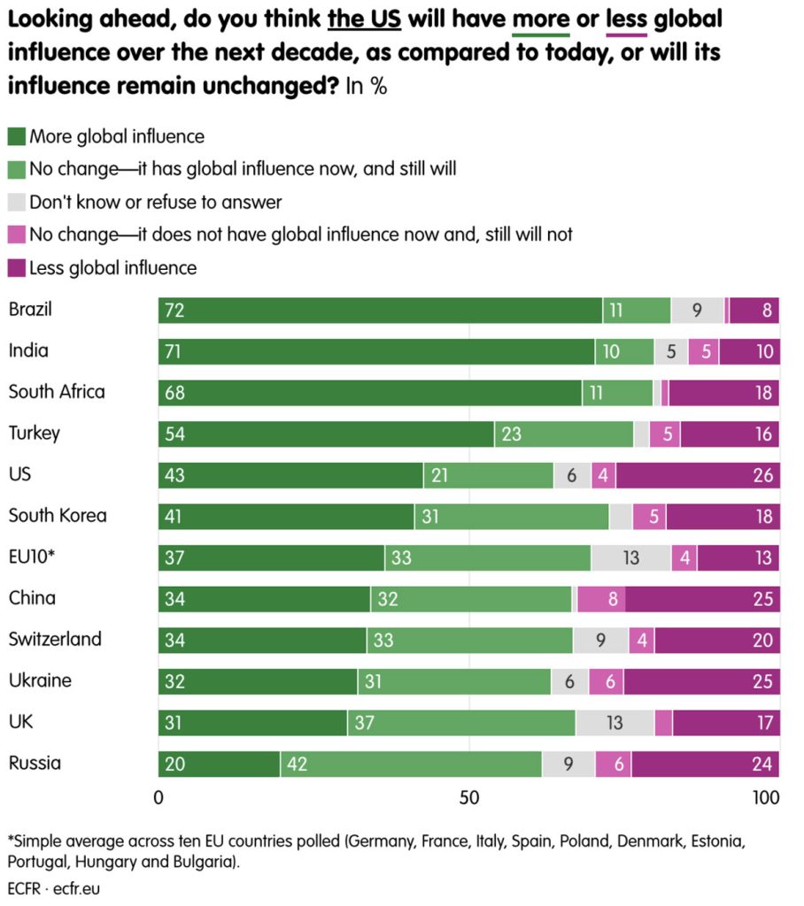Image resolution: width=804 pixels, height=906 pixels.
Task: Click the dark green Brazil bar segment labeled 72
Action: pos(380,310)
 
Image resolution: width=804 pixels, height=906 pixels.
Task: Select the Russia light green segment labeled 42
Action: pos(412,764)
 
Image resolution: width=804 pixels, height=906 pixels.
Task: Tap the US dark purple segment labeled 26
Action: pos(698,475)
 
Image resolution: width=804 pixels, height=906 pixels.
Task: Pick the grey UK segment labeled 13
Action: pos(615,723)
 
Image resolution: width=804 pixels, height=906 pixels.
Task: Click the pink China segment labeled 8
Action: pos(600,599)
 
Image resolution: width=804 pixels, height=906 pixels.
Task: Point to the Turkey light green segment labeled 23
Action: pos(564,434)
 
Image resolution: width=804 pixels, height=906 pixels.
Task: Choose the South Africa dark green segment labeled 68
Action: pos(370,393)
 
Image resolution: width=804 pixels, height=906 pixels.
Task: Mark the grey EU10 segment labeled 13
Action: pos(630,557)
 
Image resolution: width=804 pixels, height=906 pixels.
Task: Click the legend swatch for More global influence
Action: pos(17,136)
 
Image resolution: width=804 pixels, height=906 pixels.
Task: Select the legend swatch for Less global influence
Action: pos(17,267)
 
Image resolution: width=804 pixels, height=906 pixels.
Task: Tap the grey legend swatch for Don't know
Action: pos(17,202)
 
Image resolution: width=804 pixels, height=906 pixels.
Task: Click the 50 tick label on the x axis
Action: pos(469,797)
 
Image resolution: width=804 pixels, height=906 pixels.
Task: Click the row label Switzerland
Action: pos(55,639)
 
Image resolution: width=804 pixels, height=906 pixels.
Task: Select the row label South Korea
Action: pos(57,515)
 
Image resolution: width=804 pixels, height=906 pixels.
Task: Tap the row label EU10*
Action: pos(31,557)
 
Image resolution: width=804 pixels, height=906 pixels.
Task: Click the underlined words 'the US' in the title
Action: pos(364,19)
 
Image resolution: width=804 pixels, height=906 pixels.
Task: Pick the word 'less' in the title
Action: pos(626,19)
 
